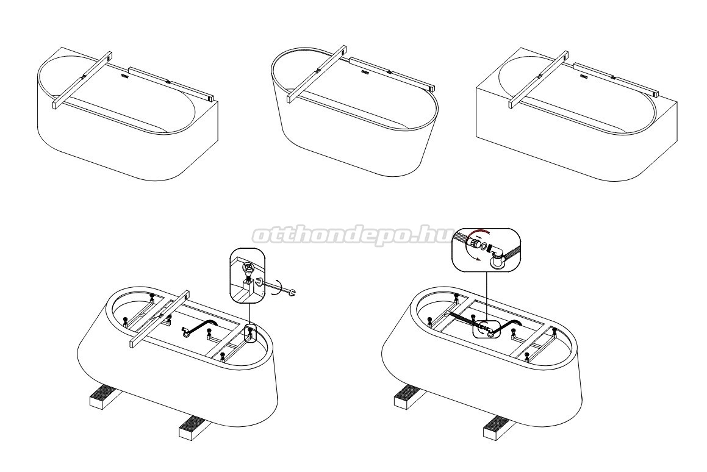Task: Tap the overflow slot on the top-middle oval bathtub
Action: coord(365,71)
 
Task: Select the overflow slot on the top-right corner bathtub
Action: coord(585,77)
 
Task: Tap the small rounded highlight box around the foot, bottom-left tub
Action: coord(249,334)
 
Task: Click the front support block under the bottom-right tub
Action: coord(497,427)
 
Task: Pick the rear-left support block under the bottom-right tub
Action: coord(408,397)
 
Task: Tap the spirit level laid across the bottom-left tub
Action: coord(160,318)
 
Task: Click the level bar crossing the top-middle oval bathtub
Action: coord(318,75)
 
